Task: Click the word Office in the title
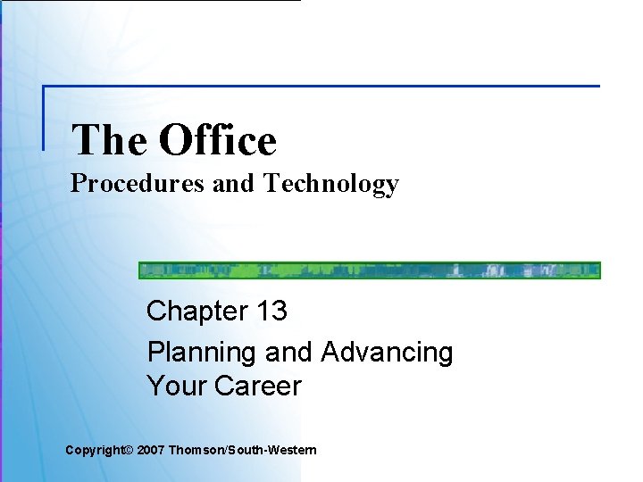tap(218, 140)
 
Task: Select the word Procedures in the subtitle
tap(138, 184)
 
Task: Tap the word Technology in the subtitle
tap(330, 184)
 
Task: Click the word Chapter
tap(196, 311)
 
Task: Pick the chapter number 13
tap(271, 311)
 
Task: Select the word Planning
tap(202, 353)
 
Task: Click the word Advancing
tap(387, 352)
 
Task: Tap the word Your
tap(177, 386)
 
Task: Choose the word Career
tap(258, 386)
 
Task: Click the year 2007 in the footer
tap(150, 451)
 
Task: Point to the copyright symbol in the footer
tap(127, 451)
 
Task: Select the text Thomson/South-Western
tap(241, 451)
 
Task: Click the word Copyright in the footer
tap(94, 451)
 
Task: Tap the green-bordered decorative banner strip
tap(369, 270)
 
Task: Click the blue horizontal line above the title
tap(321, 87)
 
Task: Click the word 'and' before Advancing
tap(288, 353)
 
